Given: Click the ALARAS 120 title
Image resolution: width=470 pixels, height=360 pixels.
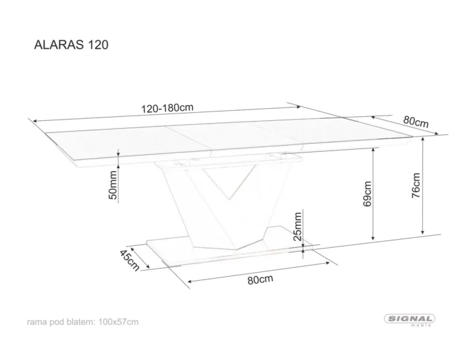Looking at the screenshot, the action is (71, 44).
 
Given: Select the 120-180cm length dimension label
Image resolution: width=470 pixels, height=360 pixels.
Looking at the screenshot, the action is (167, 108).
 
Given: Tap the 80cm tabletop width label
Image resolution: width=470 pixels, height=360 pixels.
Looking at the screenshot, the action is (416, 122).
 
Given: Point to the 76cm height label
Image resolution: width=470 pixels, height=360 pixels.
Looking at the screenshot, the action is (416, 185).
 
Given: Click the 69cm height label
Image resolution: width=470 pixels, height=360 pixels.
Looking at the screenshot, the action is (367, 193).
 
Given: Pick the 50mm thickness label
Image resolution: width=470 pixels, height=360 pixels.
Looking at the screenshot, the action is (113, 185).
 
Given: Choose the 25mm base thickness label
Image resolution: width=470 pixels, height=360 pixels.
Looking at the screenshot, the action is (297, 226).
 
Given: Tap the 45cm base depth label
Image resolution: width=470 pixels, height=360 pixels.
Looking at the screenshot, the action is (130, 260).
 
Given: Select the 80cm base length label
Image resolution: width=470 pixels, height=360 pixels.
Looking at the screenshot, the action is (261, 279).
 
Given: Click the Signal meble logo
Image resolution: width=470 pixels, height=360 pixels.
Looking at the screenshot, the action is (410, 320).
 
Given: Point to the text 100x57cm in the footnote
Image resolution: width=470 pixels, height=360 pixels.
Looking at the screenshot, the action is (118, 322).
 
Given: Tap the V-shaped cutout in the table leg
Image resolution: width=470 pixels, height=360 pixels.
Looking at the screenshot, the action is (230, 181).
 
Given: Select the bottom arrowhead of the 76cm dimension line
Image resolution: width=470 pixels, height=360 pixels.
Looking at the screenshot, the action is (422, 232).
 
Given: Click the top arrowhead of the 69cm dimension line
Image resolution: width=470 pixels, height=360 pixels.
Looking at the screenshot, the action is (373, 150).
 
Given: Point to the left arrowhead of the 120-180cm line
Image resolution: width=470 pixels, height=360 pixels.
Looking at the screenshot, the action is (35, 121).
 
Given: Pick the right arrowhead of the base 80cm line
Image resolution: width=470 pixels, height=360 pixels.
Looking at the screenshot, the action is (328, 263).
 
